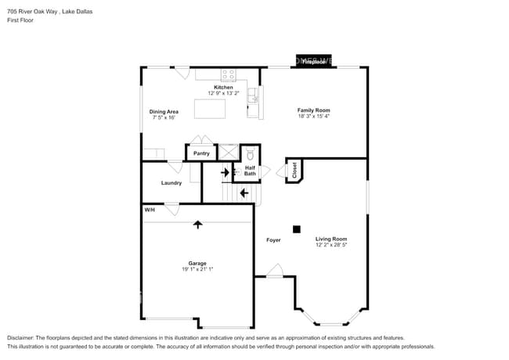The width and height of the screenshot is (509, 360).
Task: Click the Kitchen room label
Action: pyautogui.click(x=224, y=87)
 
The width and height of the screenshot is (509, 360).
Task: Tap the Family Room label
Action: pyautogui.click(x=313, y=110)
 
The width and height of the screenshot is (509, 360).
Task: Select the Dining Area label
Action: pyautogui.click(x=164, y=112)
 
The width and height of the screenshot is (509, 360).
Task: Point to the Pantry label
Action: pyautogui.click(x=201, y=153)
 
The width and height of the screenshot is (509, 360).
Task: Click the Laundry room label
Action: pyautogui.click(x=171, y=183)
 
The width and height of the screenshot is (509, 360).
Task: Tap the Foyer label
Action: pyautogui.click(x=273, y=239)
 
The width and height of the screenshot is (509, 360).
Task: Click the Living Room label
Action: pyautogui.click(x=331, y=239)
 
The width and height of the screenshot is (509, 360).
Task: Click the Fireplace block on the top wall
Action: pyautogui.click(x=314, y=61)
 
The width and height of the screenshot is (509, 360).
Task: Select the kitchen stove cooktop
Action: pyautogui.click(x=229, y=75)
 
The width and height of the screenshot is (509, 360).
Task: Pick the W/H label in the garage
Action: pyautogui.click(x=149, y=210)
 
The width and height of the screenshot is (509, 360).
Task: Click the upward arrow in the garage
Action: pyautogui.click(x=198, y=224)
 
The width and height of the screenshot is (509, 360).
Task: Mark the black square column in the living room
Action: pyautogui.click(x=297, y=229)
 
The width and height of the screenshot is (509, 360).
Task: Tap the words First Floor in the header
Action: pyautogui.click(x=20, y=20)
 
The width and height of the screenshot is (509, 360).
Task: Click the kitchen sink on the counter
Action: pyautogui.click(x=253, y=97)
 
